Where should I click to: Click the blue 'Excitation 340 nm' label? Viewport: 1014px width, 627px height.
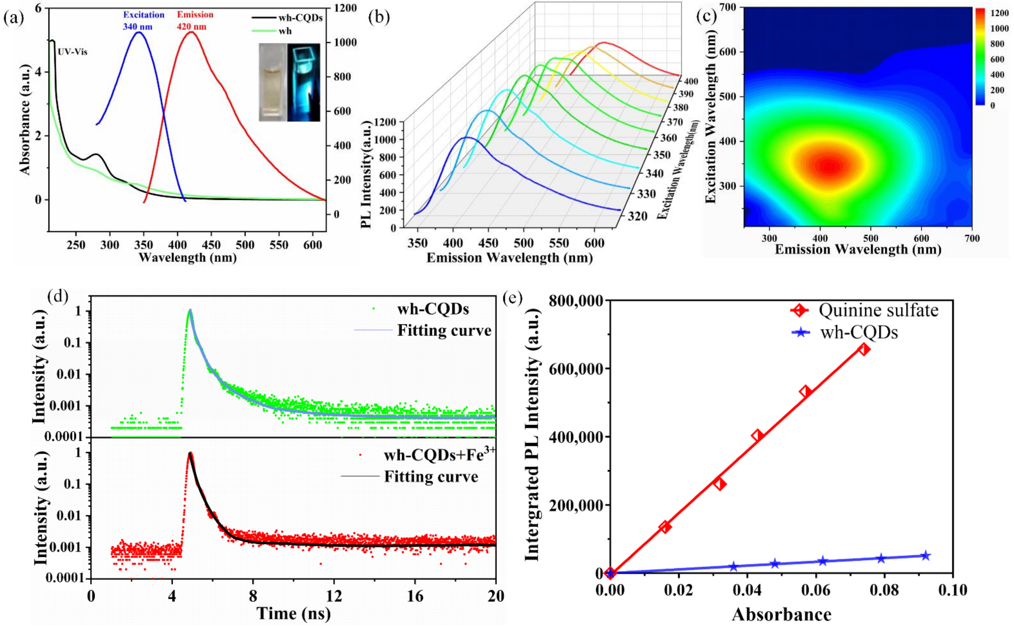pos(144,21)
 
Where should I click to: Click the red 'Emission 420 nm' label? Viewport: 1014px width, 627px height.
pos(195,21)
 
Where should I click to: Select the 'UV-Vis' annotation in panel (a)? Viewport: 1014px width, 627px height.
pos(73,52)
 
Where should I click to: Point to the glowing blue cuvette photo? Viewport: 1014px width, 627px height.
pos(303,82)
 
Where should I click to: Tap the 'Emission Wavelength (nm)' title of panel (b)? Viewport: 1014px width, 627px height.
pos(509,258)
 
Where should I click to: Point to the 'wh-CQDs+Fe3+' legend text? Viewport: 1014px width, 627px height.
pos(439,455)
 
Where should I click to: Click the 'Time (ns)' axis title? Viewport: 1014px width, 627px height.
pos(294,613)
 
